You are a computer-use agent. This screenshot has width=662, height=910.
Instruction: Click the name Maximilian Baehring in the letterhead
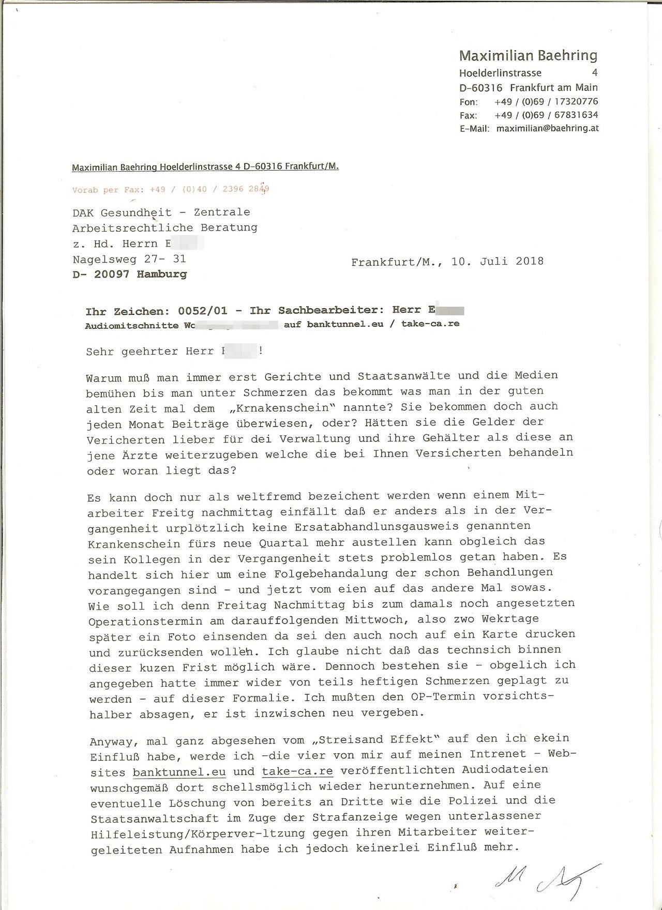click(528, 56)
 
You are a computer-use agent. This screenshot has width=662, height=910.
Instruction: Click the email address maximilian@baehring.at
click(547, 128)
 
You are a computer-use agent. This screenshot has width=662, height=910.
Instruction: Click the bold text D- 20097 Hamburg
click(130, 274)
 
